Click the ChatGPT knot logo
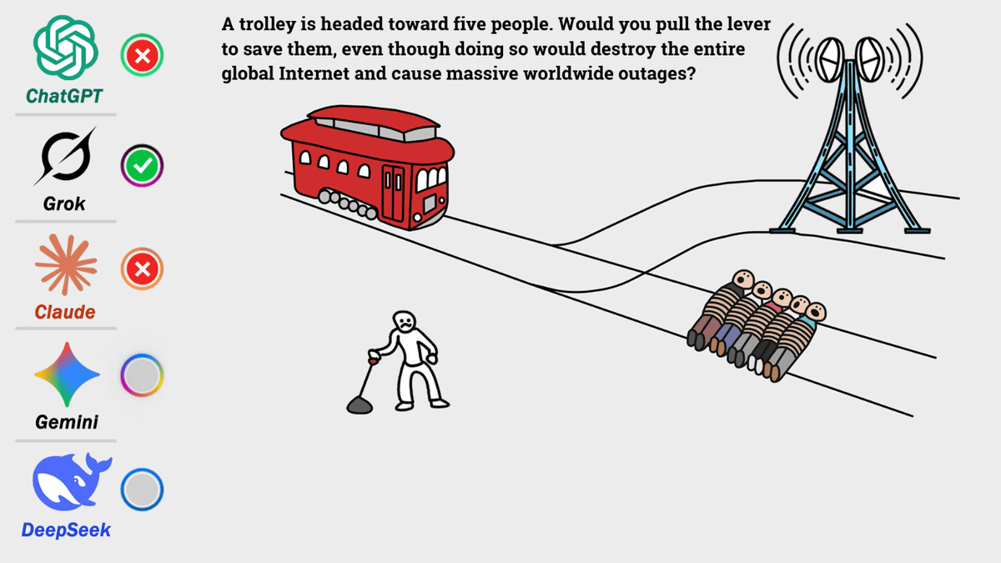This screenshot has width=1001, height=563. tap(66, 48)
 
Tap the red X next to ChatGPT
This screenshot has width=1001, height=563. tap(142, 55)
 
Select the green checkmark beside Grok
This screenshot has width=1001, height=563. tap(142, 166)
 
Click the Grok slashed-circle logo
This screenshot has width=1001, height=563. tap(65, 156)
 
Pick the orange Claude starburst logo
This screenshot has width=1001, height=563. tap(66, 264)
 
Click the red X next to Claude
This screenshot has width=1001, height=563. tap(142, 269)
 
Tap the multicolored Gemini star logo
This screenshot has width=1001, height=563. tap(67, 374)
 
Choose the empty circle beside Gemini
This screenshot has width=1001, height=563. tap(142, 375)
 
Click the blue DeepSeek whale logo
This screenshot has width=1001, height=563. tap(72, 482)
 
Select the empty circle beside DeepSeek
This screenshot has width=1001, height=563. tap(142, 490)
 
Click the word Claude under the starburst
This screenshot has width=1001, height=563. tap(65, 312)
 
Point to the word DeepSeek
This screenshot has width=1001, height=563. tap(66, 530)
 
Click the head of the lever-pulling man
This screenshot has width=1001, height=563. tap(404, 321)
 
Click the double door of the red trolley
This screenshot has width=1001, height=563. tap(393, 193)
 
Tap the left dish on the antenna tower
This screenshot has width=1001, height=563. tap(830, 60)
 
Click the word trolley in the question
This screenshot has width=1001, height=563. tap(266, 25)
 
